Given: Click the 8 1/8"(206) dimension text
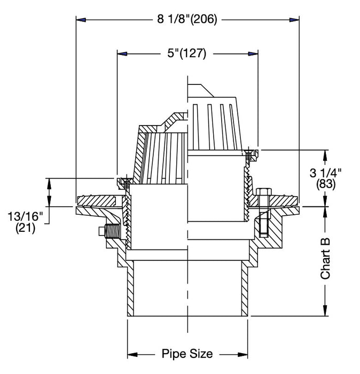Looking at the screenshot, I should (186, 20).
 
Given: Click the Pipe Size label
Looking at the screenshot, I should (187, 354).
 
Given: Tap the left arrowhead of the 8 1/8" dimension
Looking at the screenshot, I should (81, 20).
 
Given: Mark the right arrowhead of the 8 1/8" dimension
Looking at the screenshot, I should (294, 20).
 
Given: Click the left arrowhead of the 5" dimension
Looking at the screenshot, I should (122, 53).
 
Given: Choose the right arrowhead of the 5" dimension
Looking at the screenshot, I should (253, 53).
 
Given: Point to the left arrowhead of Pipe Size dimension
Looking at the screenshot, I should (131, 354).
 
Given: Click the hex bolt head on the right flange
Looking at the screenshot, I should (263, 193).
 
